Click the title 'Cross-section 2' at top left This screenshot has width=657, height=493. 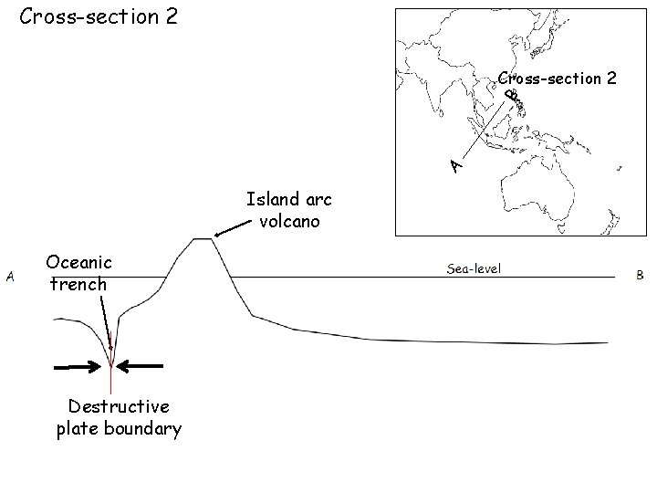pos(99,17)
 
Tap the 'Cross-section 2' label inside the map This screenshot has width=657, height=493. pos(556,79)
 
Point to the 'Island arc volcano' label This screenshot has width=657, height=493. pos(287,209)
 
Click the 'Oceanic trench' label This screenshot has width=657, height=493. pos(78,273)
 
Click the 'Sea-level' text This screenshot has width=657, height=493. pos(474,268)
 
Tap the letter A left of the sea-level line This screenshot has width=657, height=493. pos(10,275)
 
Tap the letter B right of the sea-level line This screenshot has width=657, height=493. pos(640,274)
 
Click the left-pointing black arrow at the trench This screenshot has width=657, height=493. pos(141,366)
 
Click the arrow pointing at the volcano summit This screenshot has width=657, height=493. pos(230,227)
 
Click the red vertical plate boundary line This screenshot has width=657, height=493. pos(110,379)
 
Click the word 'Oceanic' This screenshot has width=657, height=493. pos(78,263)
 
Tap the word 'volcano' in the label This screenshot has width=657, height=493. pos(289,220)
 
